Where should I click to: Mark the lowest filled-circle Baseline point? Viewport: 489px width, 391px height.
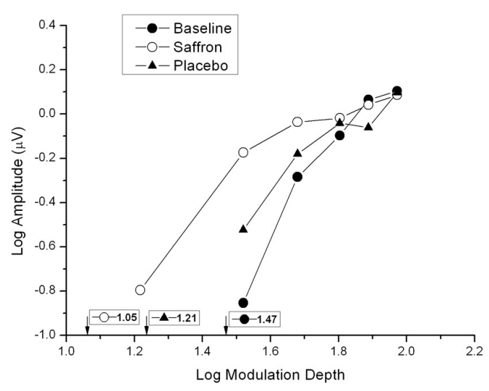[243, 303]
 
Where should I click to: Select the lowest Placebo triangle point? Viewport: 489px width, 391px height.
[243, 228]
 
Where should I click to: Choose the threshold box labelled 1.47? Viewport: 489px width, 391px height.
[255, 319]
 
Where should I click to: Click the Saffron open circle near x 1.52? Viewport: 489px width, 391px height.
[243, 152]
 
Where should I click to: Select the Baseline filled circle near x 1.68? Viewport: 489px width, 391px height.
[297, 177]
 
